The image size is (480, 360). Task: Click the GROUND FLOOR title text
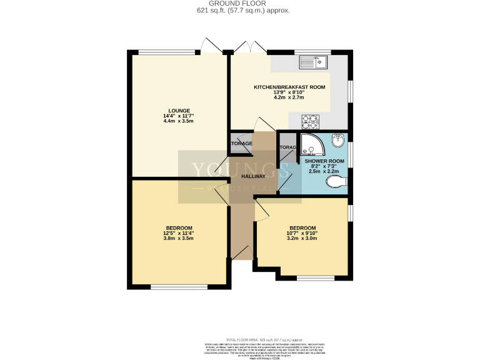click(240, 4)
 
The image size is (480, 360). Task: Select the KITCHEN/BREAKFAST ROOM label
click(289, 87)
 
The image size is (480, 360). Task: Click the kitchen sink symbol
click(314, 61)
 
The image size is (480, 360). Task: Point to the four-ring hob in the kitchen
click(310, 120)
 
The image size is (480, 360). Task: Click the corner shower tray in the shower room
click(310, 145)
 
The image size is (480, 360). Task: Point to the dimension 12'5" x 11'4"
click(179, 234)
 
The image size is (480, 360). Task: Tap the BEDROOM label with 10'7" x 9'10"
click(302, 227)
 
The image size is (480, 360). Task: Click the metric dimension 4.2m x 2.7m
click(289, 98)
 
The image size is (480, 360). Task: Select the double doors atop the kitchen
click(248, 47)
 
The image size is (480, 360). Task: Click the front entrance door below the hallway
click(242, 253)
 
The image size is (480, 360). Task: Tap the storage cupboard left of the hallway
click(241, 143)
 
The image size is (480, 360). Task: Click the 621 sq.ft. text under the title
click(240, 11)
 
